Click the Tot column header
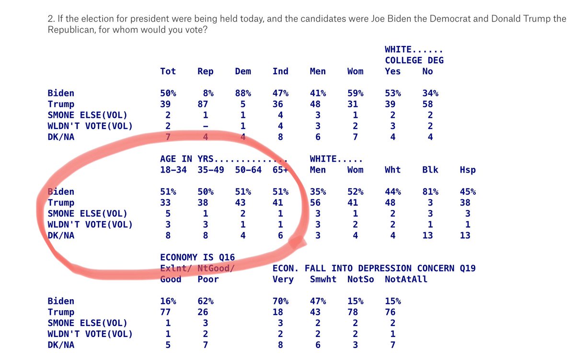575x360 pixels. pos(168,71)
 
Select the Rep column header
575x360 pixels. pos(205,71)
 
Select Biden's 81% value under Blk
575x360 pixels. pos(430,192)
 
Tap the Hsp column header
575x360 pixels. pos(467,170)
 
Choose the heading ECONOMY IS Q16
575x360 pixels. pos(197,258)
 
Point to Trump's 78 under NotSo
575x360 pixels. pos(355,312)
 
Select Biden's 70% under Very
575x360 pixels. pos(280,301)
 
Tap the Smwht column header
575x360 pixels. pos(323,279)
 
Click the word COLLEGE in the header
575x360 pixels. pos(404,60)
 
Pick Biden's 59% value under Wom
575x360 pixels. pos(355,93)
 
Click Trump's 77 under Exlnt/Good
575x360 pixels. pos(168,312)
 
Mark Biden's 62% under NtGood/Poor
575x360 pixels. pos(205,301)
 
